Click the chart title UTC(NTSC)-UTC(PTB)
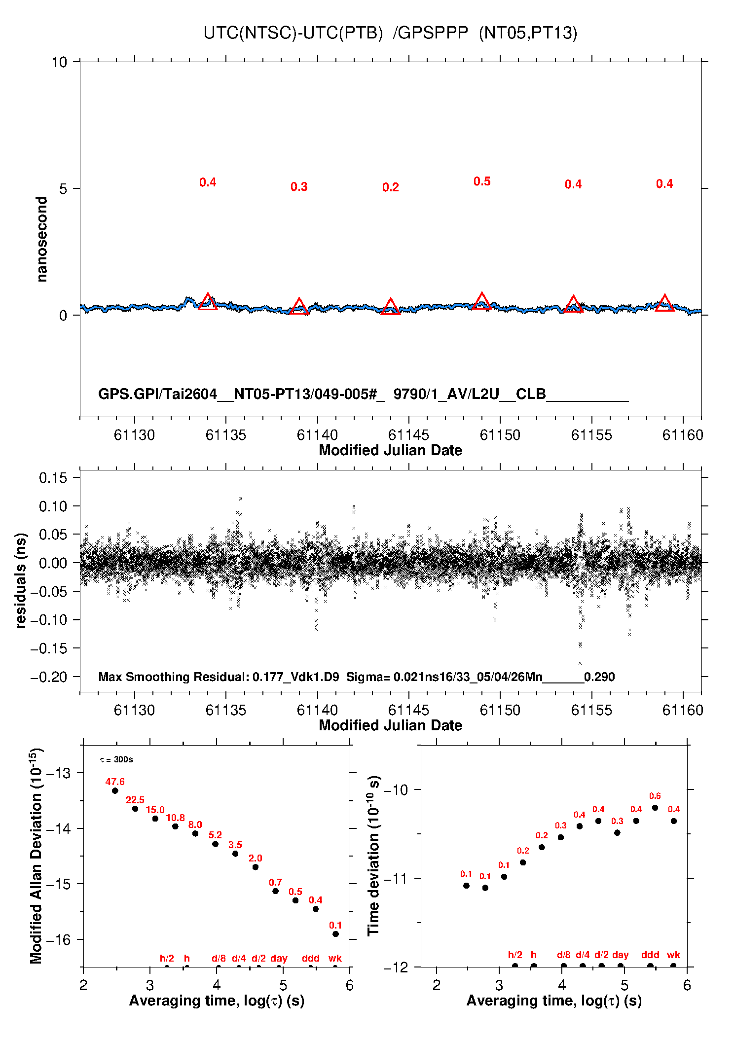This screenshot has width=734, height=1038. pyautogui.click(x=293, y=33)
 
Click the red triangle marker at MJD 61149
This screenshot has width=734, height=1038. pyautogui.click(x=482, y=301)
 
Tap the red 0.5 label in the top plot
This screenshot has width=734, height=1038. pyautogui.click(x=482, y=181)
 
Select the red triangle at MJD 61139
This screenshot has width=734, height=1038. pyautogui.click(x=299, y=307)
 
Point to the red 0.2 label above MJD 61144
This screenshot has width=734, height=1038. pyautogui.click(x=390, y=187)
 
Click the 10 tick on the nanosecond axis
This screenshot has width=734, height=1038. pyautogui.click(x=59, y=62)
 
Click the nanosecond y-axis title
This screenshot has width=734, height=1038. pyautogui.click(x=42, y=239)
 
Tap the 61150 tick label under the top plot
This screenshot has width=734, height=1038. pyautogui.click(x=500, y=435)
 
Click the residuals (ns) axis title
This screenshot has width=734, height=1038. pyautogui.click(x=21, y=580)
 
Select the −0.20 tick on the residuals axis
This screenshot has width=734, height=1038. pyautogui.click(x=49, y=677)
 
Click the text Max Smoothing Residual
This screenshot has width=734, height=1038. pyautogui.click(x=174, y=677)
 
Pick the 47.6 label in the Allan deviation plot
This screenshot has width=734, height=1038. pyautogui.click(x=115, y=782)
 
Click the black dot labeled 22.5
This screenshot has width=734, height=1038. pyautogui.click(x=135, y=809)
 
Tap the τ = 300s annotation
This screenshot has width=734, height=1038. pyautogui.click(x=116, y=759)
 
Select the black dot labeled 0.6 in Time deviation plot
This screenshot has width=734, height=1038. pyautogui.click(x=655, y=808)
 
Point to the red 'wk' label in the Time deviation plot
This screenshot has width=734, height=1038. pyautogui.click(x=673, y=955)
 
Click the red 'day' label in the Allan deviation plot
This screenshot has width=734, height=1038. pyautogui.click(x=279, y=958)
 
